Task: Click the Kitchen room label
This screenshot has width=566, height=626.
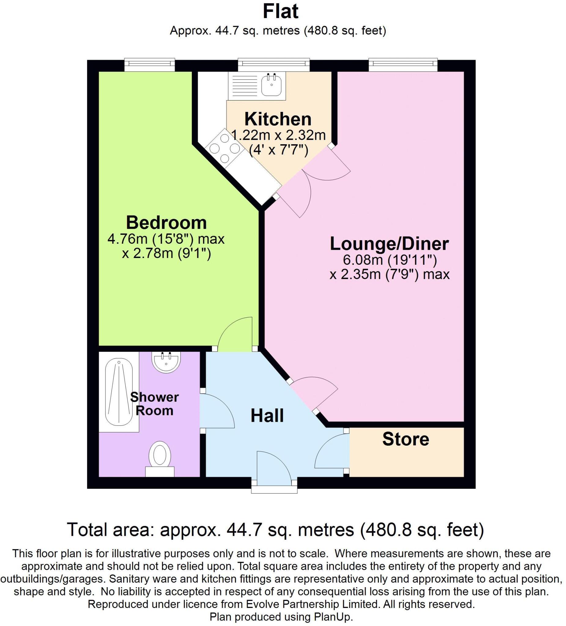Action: pos(277,119)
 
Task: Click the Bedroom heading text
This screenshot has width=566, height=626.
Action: pos(166,223)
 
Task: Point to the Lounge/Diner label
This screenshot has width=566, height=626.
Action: pos(389,244)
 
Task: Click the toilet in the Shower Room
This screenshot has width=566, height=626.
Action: pos(160,455)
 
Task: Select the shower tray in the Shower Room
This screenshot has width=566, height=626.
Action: pos(119,392)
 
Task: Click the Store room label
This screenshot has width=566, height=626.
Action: pos(405,439)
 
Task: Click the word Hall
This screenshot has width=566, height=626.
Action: pos(267,415)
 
